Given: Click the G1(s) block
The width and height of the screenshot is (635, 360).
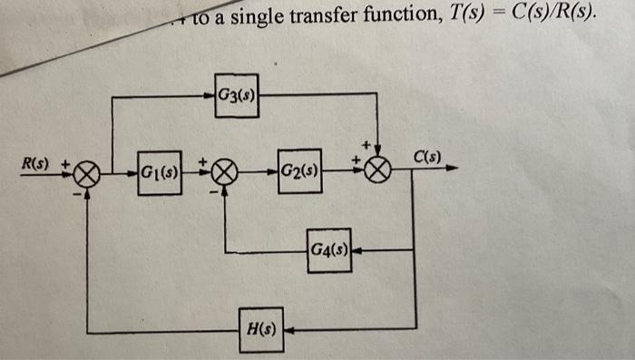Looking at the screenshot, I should (160, 169).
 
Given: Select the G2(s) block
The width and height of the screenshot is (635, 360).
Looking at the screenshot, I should (298, 170).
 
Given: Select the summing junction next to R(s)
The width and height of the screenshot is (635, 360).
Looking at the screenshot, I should (87, 170).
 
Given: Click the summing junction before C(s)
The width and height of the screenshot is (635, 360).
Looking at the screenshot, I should (381, 170).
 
